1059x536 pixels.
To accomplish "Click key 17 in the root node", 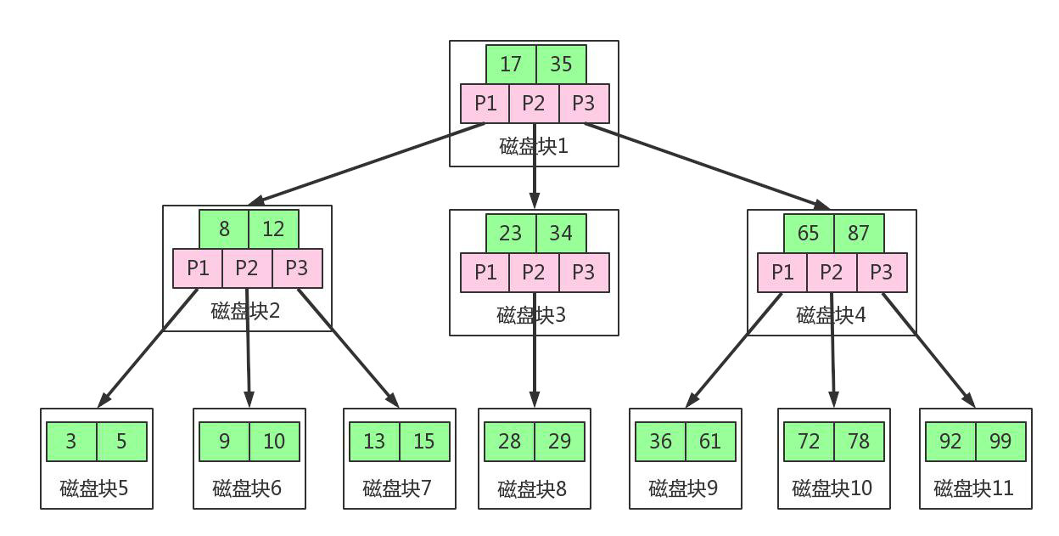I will [x=511, y=65].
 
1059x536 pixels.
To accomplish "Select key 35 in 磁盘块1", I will [x=561, y=65].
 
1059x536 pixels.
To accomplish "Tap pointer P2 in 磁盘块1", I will [x=534, y=103].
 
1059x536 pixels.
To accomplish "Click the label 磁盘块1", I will [x=534, y=145].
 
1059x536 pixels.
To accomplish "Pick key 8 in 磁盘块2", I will [x=224, y=229].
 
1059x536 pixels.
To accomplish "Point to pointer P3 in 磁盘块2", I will [x=297, y=268].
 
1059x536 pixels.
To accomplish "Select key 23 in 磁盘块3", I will [x=511, y=233].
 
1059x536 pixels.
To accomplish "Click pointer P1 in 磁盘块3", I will [x=485, y=272].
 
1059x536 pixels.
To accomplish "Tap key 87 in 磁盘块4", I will [x=859, y=233].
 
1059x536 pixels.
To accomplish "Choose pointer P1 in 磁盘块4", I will [x=782, y=272].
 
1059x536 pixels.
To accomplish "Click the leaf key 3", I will [x=71, y=442].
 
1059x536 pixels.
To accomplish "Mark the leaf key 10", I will [x=274, y=442].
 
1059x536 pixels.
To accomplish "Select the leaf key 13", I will [x=374, y=442].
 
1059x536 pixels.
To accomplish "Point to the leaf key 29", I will [x=559, y=442].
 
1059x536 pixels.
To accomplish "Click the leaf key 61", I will [x=710, y=442].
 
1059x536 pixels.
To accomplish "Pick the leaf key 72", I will [x=809, y=442].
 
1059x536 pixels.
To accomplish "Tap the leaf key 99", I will [x=1000, y=442].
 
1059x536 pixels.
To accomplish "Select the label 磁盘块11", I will [x=973, y=488].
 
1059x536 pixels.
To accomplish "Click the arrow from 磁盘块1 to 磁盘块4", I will [x=704, y=165].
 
